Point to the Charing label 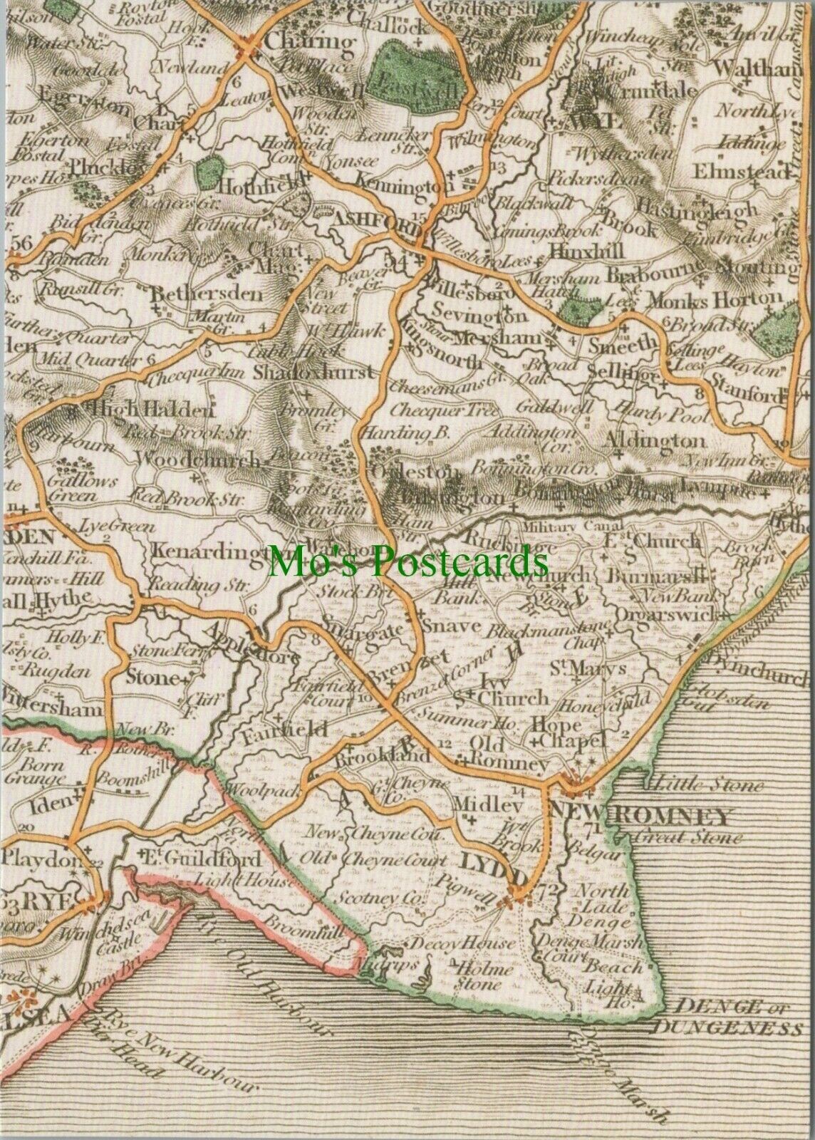pos(308,41)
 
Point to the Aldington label pos(653,441)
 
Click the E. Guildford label pos(199,859)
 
